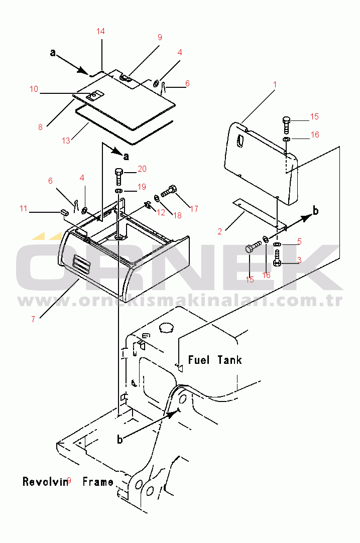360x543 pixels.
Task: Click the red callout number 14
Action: pyautogui.click(x=100, y=32)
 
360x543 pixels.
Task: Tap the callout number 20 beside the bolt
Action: pyautogui.click(x=142, y=169)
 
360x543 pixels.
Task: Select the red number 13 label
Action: pyautogui.click(x=66, y=141)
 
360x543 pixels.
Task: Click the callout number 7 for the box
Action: pyautogui.click(x=33, y=319)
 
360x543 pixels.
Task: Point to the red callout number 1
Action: pyautogui.click(x=275, y=84)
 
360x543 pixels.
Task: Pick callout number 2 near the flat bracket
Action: pyautogui.click(x=220, y=232)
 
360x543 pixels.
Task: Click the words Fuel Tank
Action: pyautogui.click(x=215, y=360)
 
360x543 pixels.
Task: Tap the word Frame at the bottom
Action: pyautogui.click(x=98, y=482)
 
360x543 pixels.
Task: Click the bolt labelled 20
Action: pyautogui.click(x=118, y=177)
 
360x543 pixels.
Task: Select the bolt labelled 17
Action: pyautogui.click(x=169, y=191)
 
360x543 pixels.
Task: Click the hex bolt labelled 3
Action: pyautogui.click(x=277, y=258)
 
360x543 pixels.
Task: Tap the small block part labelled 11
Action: pyautogui.click(x=64, y=212)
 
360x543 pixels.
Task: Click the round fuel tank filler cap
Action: pyautogui.click(x=166, y=328)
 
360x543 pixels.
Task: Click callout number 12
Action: pyautogui.click(x=161, y=212)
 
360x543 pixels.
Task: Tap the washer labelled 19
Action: pyautogui.click(x=118, y=191)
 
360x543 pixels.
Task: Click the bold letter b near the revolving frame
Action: pyautogui.click(x=119, y=440)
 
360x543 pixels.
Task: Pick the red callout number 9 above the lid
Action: pyautogui.click(x=160, y=38)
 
